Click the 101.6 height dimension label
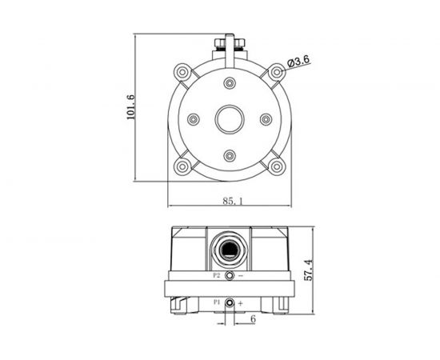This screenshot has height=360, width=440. click(x=130, y=107)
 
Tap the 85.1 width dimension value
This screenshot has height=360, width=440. click(x=234, y=201)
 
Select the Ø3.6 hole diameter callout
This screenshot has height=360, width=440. click(x=298, y=61)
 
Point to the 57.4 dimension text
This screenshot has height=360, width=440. click(x=308, y=270)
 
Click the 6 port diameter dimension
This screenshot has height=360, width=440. click(x=253, y=318)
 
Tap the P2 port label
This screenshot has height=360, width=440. click(x=217, y=275)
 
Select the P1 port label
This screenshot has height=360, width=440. click(x=216, y=302)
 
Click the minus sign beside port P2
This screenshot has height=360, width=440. click(x=241, y=276)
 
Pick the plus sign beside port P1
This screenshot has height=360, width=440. click(x=241, y=303)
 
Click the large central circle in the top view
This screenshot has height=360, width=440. click(x=230, y=119)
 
